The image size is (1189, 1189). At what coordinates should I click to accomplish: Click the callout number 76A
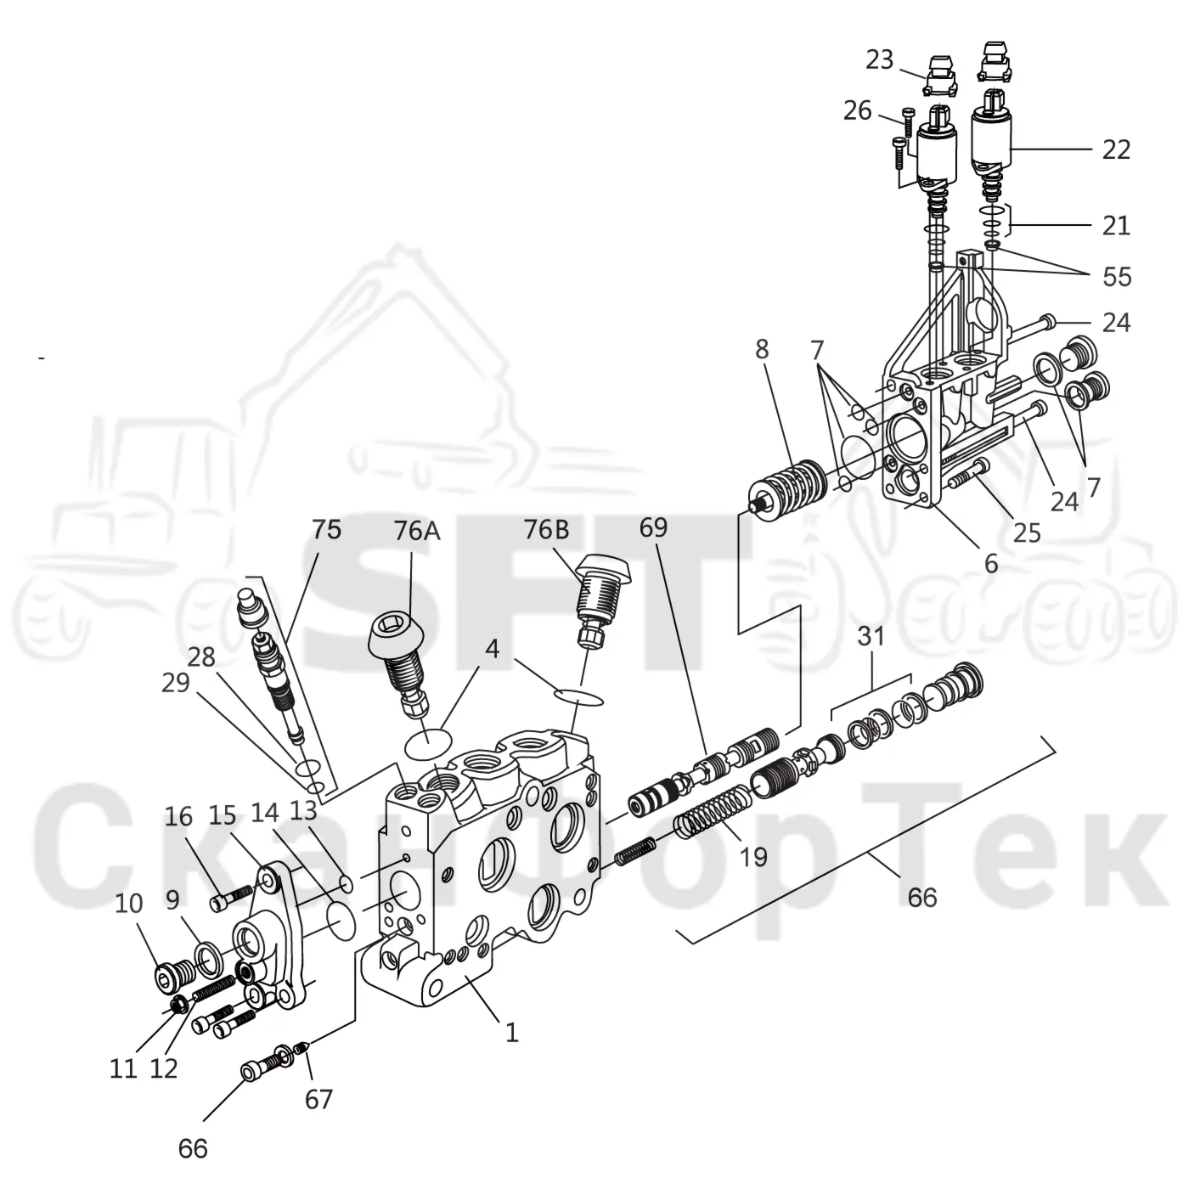click(417, 531)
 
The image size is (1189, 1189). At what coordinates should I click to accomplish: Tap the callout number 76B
click(547, 529)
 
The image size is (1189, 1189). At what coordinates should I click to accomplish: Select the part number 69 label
click(653, 527)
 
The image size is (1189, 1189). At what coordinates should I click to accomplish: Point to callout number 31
click(871, 636)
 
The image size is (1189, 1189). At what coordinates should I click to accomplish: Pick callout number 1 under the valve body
click(512, 1033)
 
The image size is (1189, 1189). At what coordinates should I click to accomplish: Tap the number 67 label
click(318, 1100)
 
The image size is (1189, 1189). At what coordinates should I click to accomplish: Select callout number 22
click(1116, 150)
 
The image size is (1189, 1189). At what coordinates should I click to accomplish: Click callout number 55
click(1117, 277)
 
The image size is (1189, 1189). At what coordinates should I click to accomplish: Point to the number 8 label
click(762, 350)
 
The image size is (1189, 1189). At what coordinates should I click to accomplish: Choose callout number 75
click(326, 529)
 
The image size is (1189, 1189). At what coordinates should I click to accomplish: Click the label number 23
click(879, 59)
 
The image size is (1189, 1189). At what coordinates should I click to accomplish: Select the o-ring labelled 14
click(341, 921)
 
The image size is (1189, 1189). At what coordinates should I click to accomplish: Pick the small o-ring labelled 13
click(347, 883)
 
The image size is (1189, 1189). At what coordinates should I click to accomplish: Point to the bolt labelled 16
click(231, 898)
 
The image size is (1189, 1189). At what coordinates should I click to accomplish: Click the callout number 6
click(990, 563)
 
